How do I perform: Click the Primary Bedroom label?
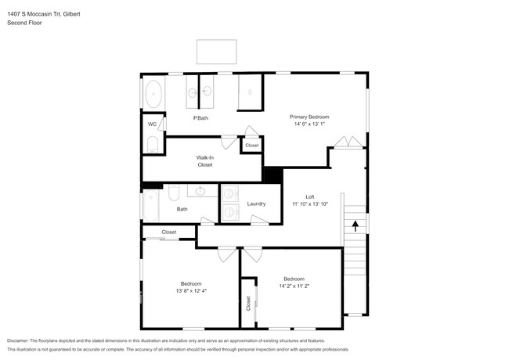[x=309, y=117]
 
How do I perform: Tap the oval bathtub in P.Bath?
[x=153, y=94]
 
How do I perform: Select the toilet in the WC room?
[x=153, y=144]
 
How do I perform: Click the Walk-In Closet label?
[x=205, y=161]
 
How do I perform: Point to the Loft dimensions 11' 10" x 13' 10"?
[x=310, y=204]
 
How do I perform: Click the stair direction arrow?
[x=356, y=225]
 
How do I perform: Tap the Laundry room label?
[x=256, y=203]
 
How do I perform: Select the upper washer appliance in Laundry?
[x=230, y=193]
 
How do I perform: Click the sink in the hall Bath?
[x=200, y=191]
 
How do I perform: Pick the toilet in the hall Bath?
[x=174, y=193]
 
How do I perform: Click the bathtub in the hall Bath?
[x=151, y=206]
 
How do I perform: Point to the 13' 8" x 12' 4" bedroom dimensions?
[x=191, y=291]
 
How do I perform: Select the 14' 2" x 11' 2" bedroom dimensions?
[x=294, y=286]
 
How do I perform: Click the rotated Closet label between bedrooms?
[x=248, y=303]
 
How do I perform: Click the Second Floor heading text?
[x=24, y=23]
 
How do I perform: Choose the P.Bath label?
[x=200, y=118]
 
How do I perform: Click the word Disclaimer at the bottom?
[x=18, y=341]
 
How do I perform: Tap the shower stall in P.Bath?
[x=250, y=92]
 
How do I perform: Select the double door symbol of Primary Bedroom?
[x=348, y=142]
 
